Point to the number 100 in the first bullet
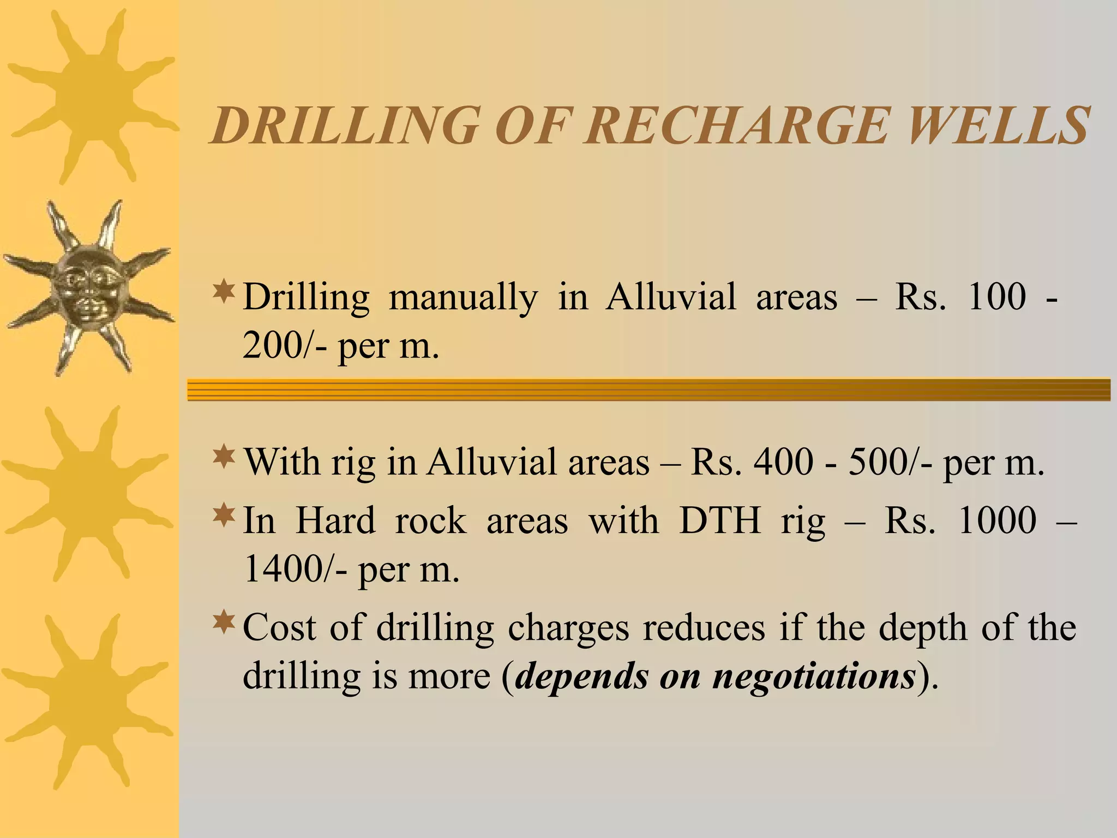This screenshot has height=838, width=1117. click(996, 297)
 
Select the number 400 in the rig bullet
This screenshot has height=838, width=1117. click(783, 462)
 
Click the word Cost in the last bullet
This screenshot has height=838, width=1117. click(279, 627)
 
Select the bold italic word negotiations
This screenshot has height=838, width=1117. click(814, 677)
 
